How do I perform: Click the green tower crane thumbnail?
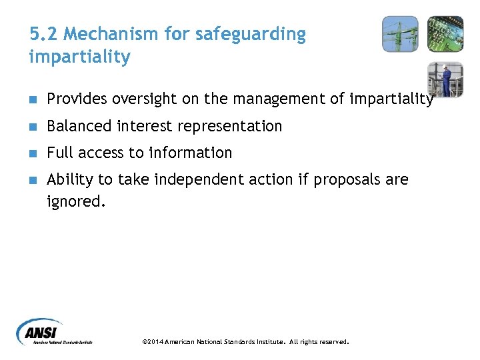coord(400,34)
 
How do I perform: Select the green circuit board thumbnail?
coord(445,34)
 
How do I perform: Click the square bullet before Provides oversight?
coord(33,100)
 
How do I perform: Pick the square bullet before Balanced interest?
coord(33,127)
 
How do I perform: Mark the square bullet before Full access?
coord(33,153)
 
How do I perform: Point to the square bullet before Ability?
coord(33,180)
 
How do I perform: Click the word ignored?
coord(75,201)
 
